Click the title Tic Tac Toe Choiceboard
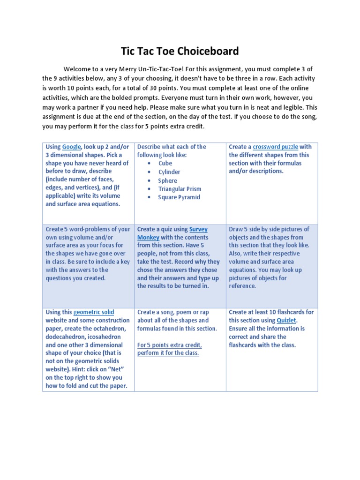[180, 51]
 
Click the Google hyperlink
[72, 147]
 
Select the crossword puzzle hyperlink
[275, 147]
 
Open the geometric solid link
[94, 312]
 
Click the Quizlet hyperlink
[286, 320]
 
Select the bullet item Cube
[165, 164]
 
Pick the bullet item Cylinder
[169, 172]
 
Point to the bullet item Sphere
[167, 180]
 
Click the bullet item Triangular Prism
[180, 189]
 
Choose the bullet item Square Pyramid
[179, 197]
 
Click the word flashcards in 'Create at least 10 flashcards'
[297, 312]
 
